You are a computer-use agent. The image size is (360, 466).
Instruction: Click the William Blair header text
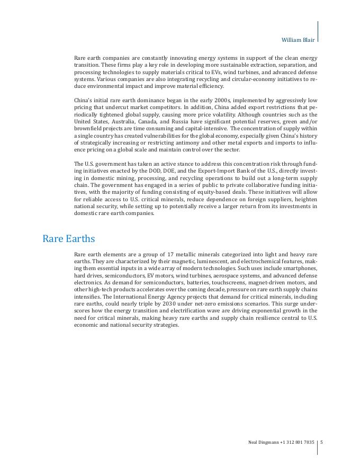click(298, 40)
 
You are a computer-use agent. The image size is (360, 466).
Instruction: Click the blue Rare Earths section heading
click(68, 239)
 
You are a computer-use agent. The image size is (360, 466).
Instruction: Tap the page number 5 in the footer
click(321, 442)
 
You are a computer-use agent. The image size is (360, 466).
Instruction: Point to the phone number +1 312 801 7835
click(298, 442)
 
